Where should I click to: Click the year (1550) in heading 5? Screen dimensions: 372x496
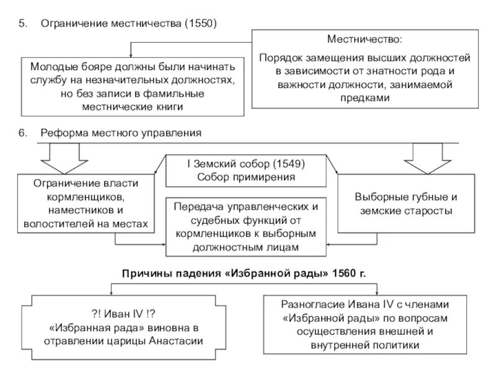(x=200, y=24)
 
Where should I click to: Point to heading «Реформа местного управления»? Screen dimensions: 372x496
(x=122, y=133)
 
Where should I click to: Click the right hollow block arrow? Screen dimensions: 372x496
(x=427, y=158)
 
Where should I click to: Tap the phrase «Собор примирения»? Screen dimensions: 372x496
(x=247, y=177)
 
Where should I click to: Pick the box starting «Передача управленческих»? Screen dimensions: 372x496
(x=246, y=227)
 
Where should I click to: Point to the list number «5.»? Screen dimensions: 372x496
(x=23, y=24)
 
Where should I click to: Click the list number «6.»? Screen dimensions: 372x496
(x=23, y=133)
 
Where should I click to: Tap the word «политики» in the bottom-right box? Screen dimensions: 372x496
(x=393, y=345)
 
